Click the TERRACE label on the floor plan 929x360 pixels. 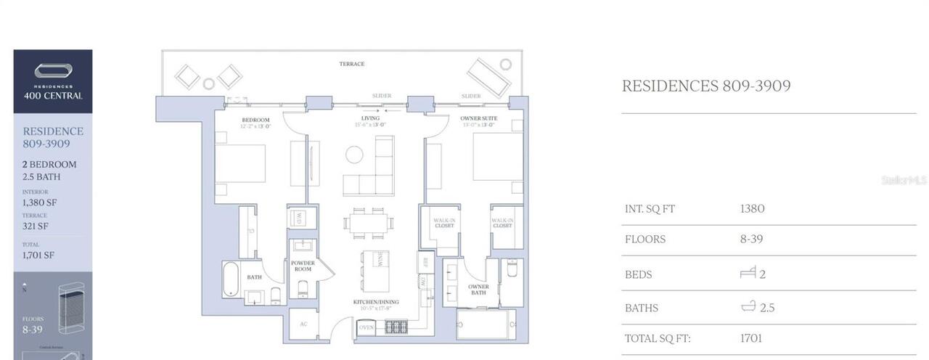point(352,64)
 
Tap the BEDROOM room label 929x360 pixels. point(255,120)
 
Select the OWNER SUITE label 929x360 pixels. point(478,118)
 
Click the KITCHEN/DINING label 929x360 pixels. point(377,301)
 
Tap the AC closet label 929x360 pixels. point(303,324)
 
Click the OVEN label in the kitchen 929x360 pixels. point(367,328)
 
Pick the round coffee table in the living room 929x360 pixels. point(354,154)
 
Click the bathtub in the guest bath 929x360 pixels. point(232,279)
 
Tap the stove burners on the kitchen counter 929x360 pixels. point(396,327)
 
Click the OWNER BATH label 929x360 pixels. point(478,290)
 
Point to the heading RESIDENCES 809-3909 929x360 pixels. point(705,86)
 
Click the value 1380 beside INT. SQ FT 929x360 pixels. point(752,208)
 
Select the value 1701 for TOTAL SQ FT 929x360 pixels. point(751,337)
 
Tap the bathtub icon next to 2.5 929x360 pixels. point(748,306)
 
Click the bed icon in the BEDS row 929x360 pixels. point(748,273)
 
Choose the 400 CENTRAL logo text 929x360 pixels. point(53,95)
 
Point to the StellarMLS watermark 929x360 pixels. point(904,179)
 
